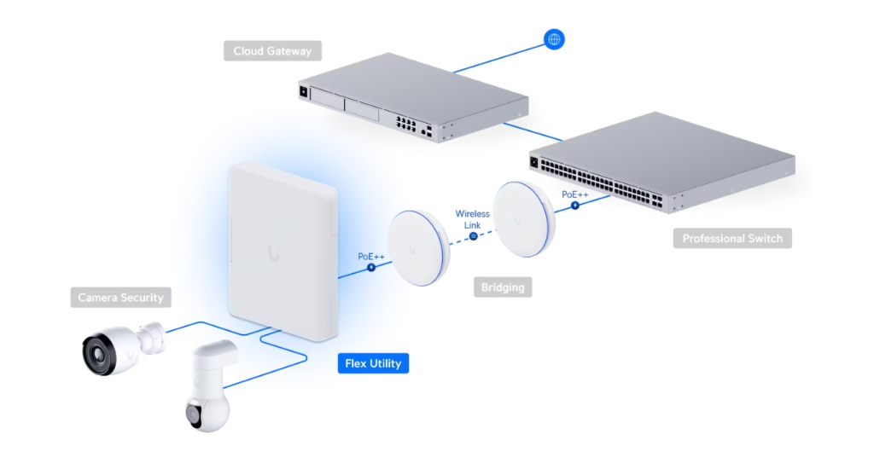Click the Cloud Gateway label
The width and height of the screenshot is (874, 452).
click(x=272, y=51)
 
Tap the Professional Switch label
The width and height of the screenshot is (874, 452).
click(x=731, y=238)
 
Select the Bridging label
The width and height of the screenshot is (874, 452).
click(x=502, y=287)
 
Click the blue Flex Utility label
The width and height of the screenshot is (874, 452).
click(x=372, y=364)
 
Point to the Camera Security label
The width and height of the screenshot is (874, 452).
click(x=119, y=298)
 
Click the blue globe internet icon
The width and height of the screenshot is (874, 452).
click(x=553, y=39)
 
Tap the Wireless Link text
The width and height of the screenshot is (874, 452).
click(x=472, y=219)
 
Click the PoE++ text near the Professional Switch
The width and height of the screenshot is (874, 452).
click(x=575, y=194)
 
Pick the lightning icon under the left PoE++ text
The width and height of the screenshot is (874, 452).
click(x=371, y=268)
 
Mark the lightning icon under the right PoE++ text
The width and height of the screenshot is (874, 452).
click(x=574, y=206)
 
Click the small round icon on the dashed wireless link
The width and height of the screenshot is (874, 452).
click(x=472, y=237)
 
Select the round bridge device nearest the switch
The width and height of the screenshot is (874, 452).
click(x=526, y=217)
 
